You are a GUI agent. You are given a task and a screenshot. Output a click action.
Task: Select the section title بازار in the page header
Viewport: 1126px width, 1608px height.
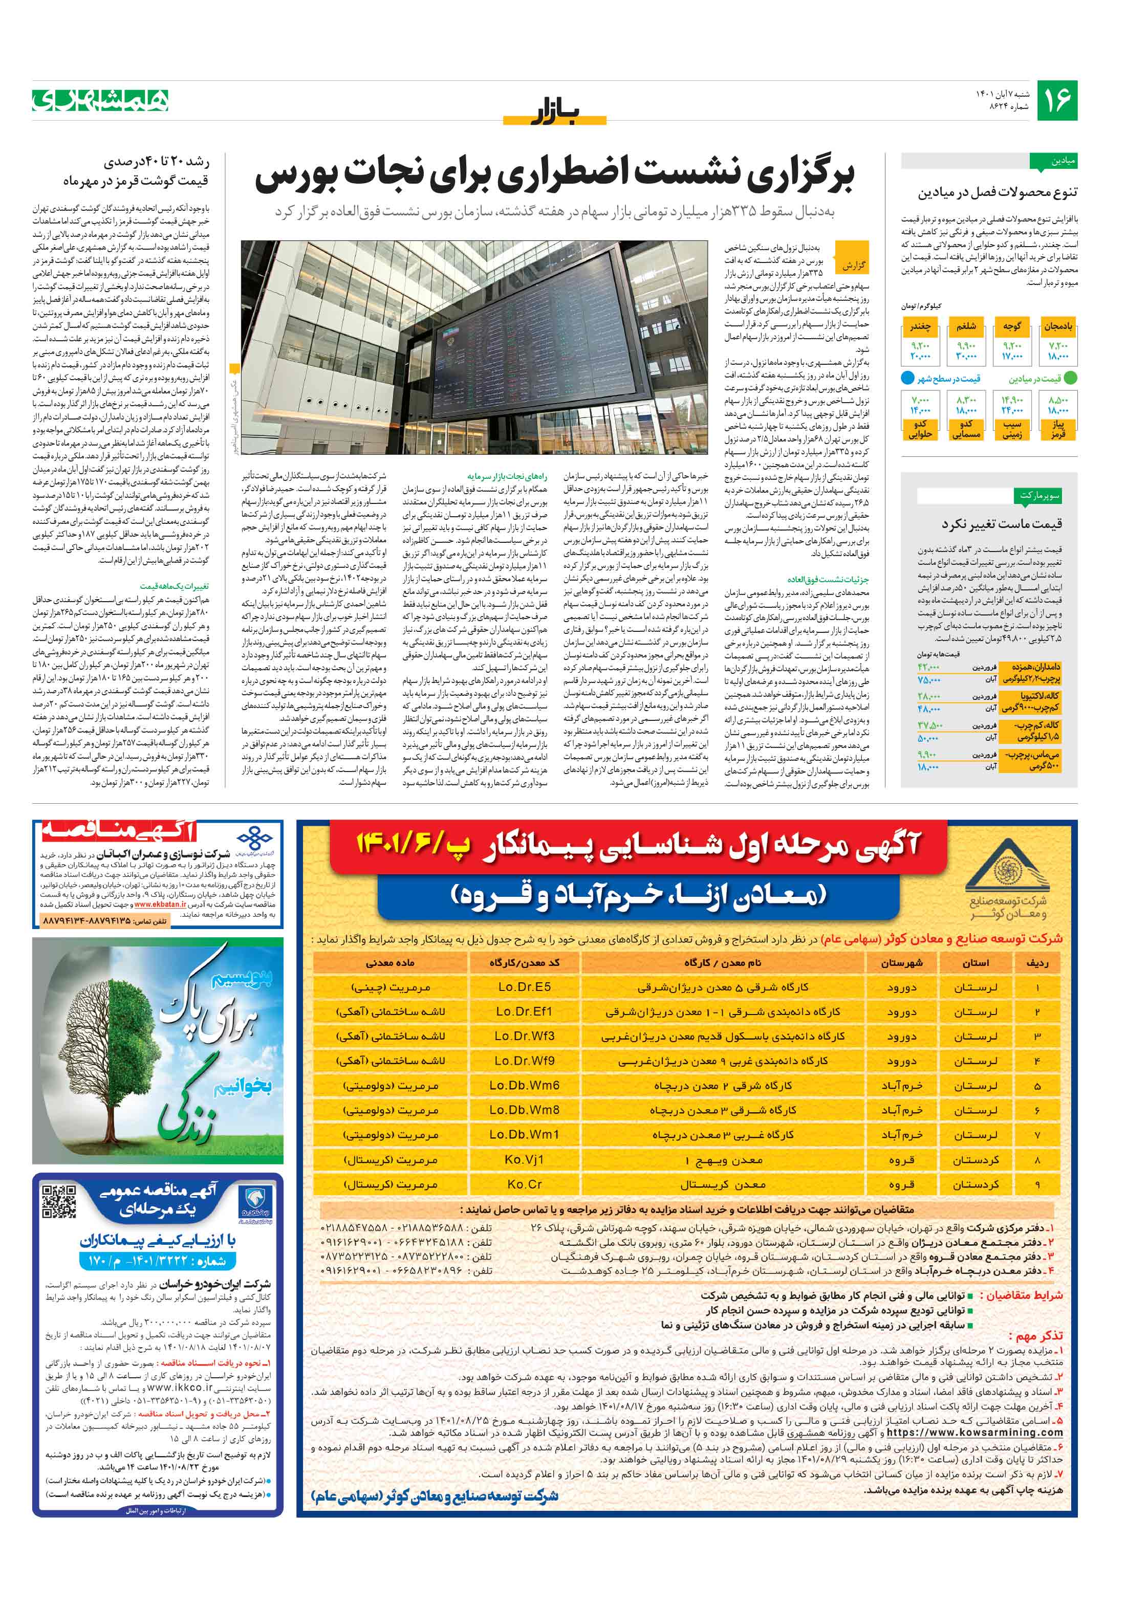click(555, 112)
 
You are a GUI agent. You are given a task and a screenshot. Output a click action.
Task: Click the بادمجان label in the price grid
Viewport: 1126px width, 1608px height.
click(1058, 326)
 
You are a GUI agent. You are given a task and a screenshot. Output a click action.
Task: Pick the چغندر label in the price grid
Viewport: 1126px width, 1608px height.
click(920, 326)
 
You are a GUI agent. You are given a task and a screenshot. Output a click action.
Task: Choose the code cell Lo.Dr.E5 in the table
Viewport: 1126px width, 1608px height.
click(524, 987)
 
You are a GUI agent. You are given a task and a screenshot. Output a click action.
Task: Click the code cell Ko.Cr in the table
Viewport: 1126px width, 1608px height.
click(524, 1184)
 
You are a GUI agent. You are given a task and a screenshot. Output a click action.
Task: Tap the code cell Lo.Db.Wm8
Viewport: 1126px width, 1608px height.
click(524, 1110)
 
